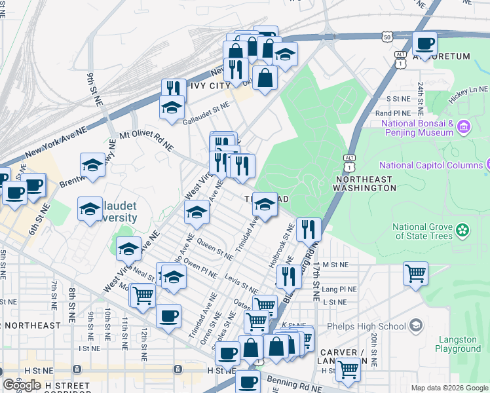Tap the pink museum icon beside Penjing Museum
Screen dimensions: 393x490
464,125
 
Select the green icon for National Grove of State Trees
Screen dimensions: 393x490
464,230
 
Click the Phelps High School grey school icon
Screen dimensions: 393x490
415,326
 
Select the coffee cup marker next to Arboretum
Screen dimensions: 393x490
424,44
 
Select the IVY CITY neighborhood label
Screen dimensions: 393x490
210,86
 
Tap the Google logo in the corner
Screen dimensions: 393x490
22,385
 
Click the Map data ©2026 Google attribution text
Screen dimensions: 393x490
449,388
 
